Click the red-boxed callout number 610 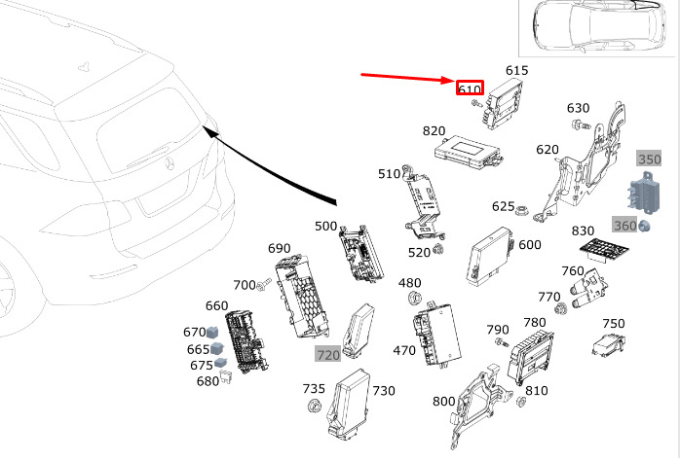pyautogui.click(x=470, y=89)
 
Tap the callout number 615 pyautogui.click(x=517, y=71)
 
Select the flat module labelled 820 pyautogui.click(x=468, y=152)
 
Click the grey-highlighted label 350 pyautogui.click(x=649, y=159)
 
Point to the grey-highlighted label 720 pyautogui.click(x=328, y=355)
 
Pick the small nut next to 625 pyautogui.click(x=521, y=211)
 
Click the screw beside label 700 pyautogui.click(x=263, y=285)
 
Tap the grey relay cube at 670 pyautogui.click(x=212, y=333)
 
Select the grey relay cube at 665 pyautogui.click(x=216, y=347)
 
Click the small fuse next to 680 pyautogui.click(x=225, y=376)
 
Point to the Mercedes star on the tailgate pyautogui.click(x=170, y=164)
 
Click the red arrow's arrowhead pyautogui.click(x=448, y=80)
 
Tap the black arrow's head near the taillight pyautogui.click(x=210, y=131)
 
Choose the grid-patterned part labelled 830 pyautogui.click(x=604, y=249)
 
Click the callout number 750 pyautogui.click(x=614, y=323)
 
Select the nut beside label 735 pyautogui.click(x=313, y=407)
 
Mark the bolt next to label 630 pyautogui.click(x=580, y=125)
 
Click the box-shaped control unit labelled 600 pyautogui.click(x=490, y=256)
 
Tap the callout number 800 pyautogui.click(x=443, y=402)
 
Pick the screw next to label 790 pyautogui.click(x=502, y=342)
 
